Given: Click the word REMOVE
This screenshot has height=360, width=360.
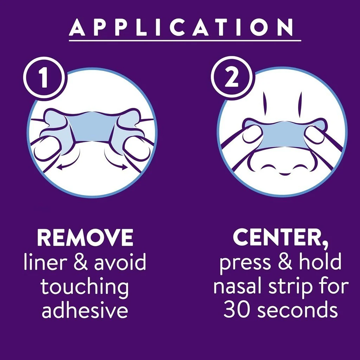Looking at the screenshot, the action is pyautogui.click(x=85, y=237).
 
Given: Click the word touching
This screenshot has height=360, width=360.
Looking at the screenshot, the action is pyautogui.click(x=84, y=287).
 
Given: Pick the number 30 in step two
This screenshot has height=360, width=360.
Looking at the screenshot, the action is pyautogui.click(x=236, y=310).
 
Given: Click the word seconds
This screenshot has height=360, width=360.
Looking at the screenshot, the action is pyautogui.click(x=297, y=310).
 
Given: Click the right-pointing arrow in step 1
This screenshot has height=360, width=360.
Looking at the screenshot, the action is pyautogui.click(x=115, y=161).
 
